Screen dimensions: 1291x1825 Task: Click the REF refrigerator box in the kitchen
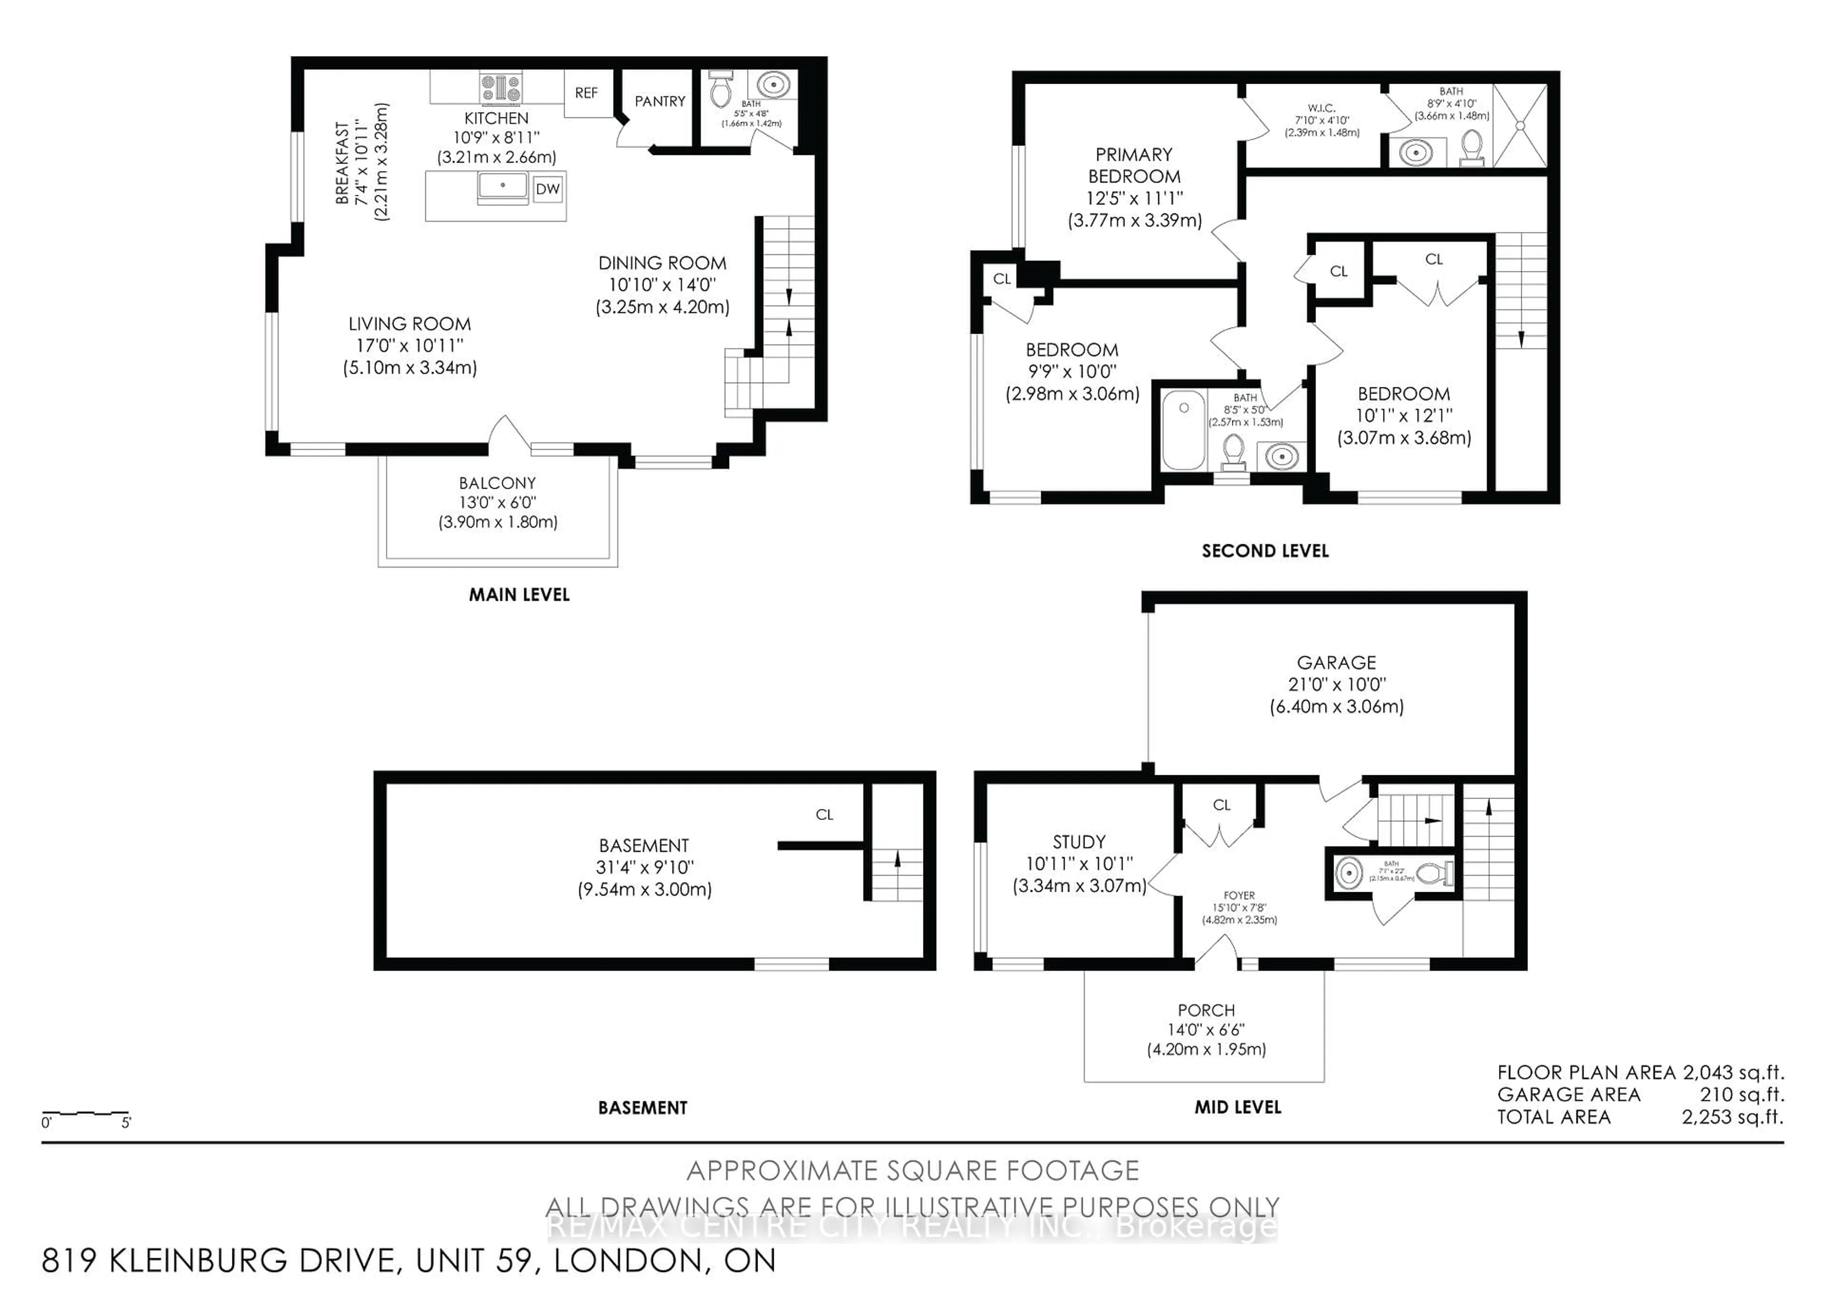[586, 93]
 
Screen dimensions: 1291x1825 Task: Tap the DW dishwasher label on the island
[547, 189]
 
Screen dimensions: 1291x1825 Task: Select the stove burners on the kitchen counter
[500, 87]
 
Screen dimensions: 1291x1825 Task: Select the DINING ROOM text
[662, 263]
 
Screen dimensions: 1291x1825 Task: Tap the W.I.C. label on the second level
[1321, 108]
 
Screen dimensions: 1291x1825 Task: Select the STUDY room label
[1079, 842]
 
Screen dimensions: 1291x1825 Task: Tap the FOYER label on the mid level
[1239, 895]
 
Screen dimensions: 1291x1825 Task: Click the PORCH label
[1206, 1011]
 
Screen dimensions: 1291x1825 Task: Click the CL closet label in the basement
[824, 815]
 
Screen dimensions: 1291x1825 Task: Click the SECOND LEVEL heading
[1265, 551]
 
